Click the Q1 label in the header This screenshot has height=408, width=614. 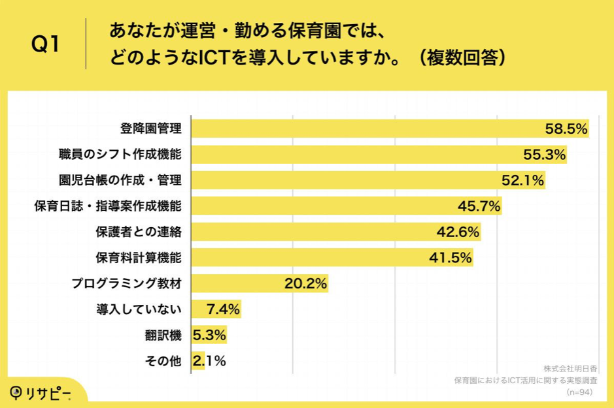tap(46, 45)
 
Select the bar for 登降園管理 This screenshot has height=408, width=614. tap(366, 129)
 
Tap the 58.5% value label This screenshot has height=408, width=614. tap(566, 129)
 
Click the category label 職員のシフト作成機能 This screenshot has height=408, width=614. tap(120, 155)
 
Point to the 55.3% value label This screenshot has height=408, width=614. tap(545, 155)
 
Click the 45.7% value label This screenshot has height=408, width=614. tap(479, 206)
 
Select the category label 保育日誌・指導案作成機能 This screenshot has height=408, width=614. tap(108, 206)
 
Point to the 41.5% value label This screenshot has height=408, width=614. tap(450, 258)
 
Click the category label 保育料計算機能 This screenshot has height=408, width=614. tap(138, 258)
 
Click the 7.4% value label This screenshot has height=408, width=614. tap(223, 309)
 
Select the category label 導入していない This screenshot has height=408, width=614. tap(139, 309)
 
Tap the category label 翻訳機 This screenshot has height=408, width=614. tap(163, 335)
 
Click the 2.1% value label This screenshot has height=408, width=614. tap(209, 360)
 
